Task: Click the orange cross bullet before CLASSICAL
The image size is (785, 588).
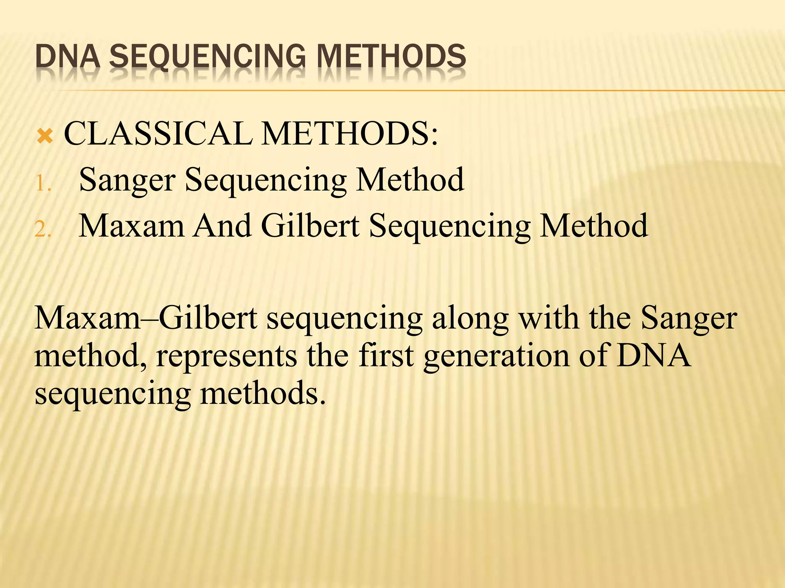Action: (x=45, y=136)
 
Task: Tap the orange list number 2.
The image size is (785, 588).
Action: (x=43, y=230)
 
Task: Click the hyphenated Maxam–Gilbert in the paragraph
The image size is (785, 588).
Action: (x=146, y=318)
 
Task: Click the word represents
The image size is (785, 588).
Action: (x=227, y=356)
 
